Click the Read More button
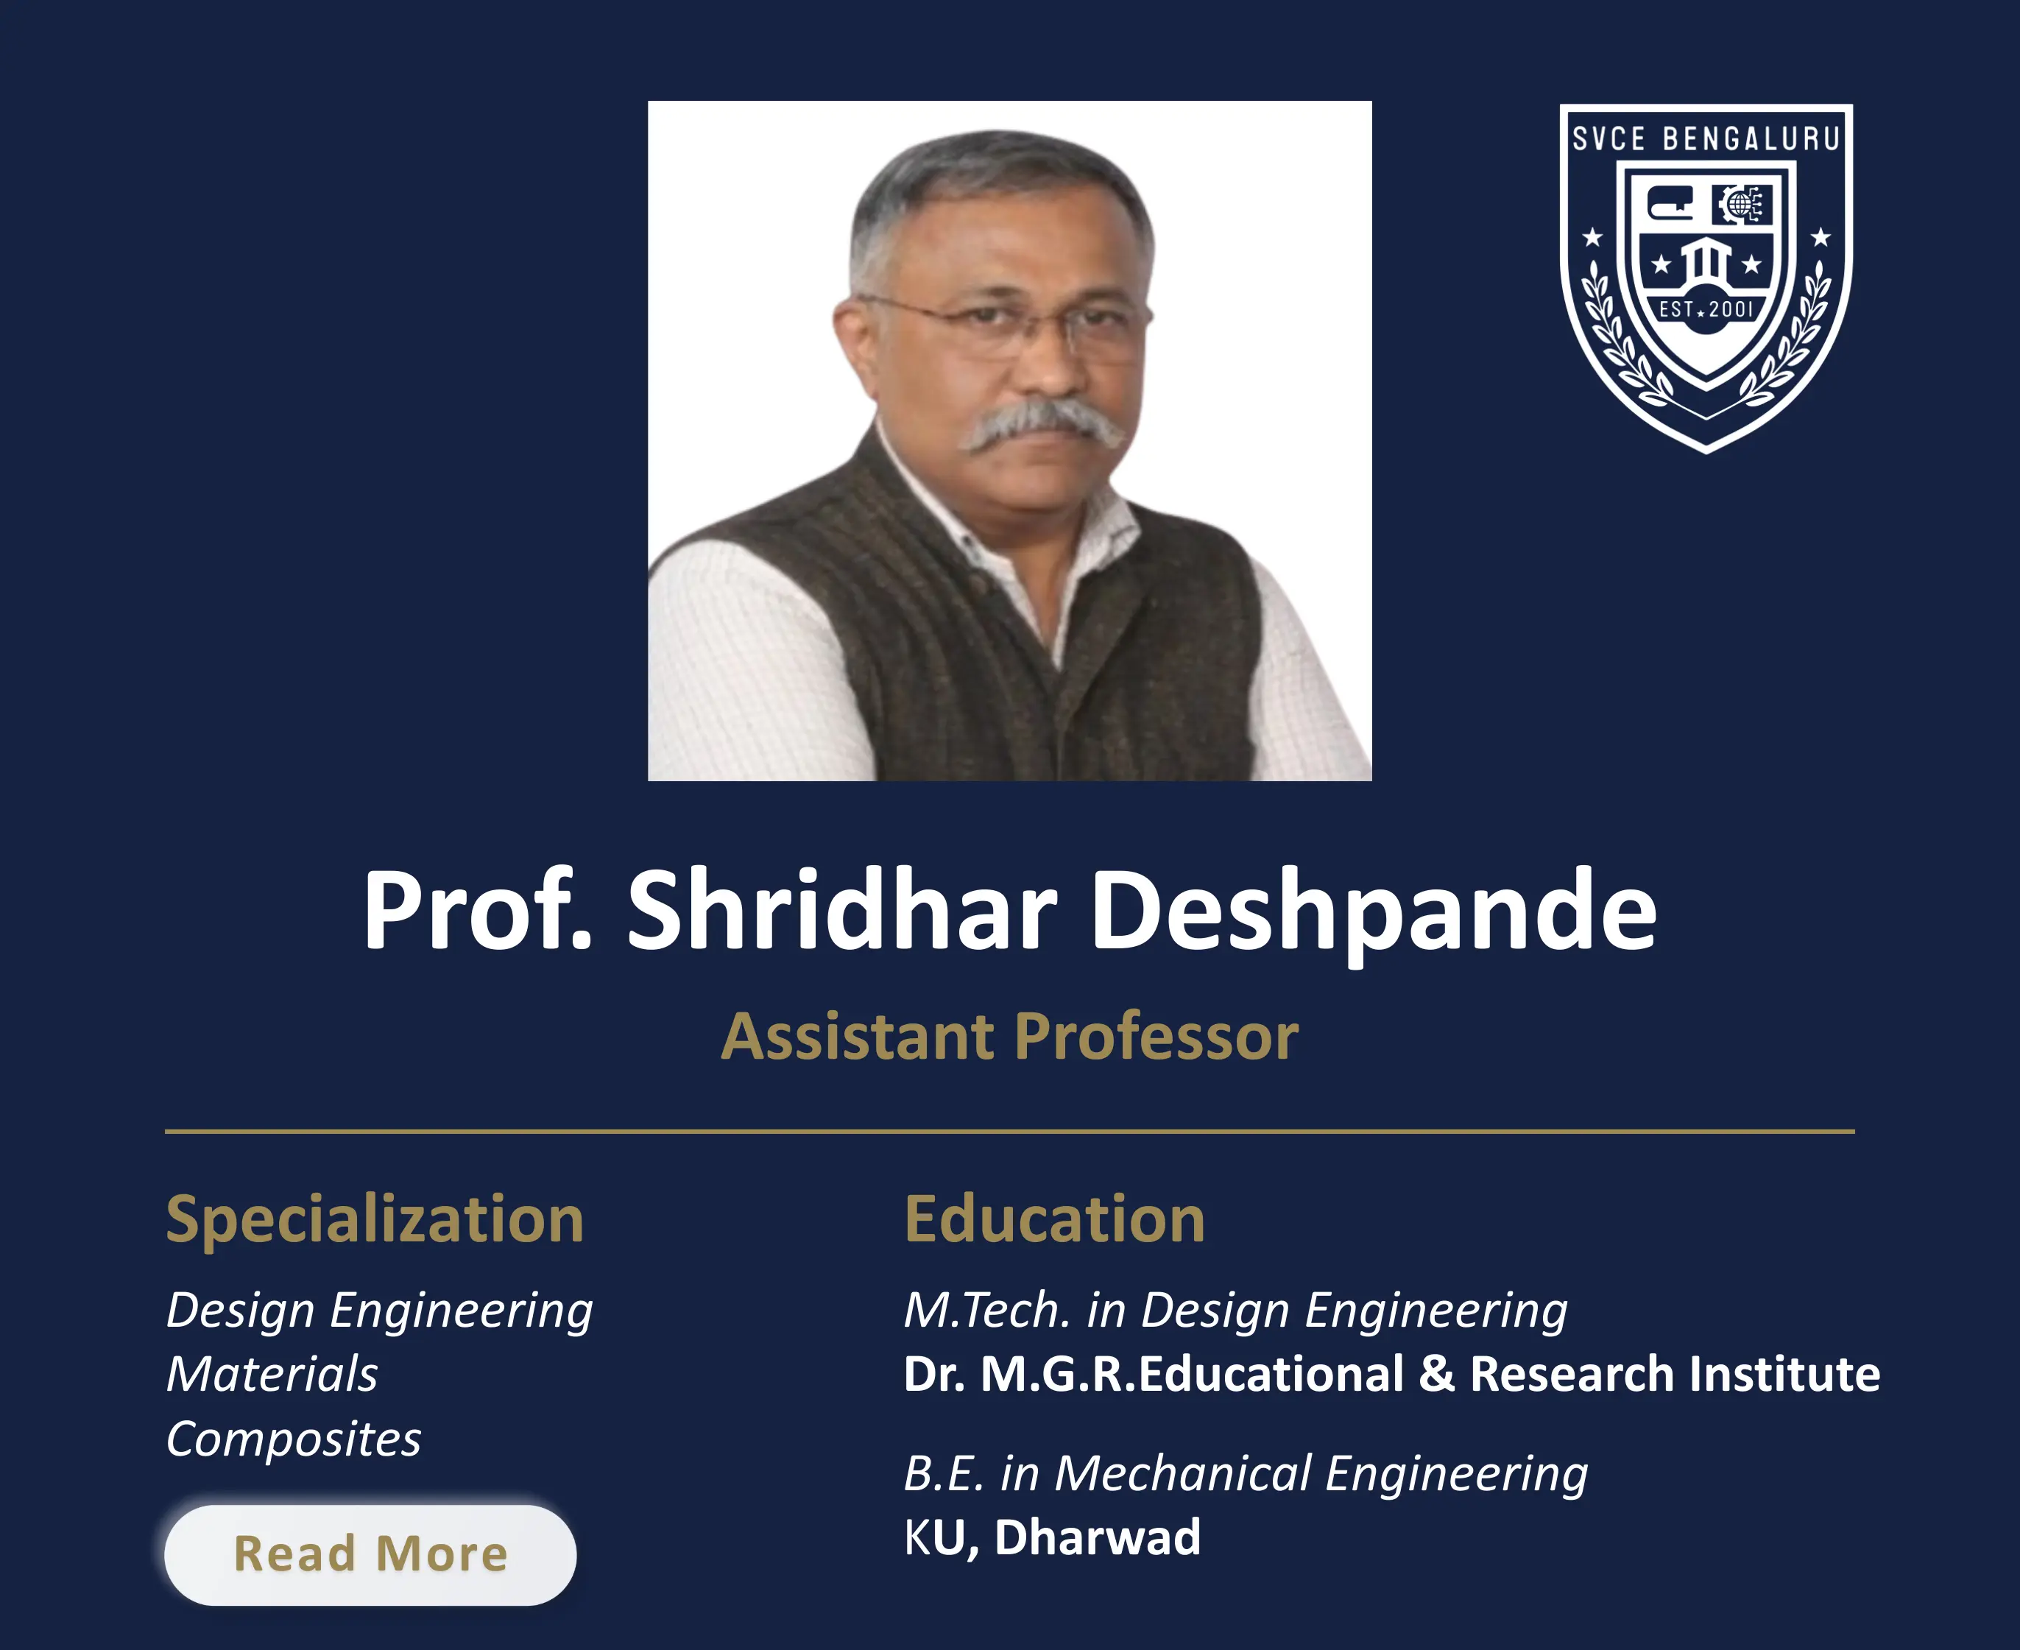[370, 1554]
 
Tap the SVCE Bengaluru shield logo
[1706, 275]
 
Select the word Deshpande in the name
[1373, 912]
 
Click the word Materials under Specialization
[272, 1375]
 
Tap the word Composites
[294, 1439]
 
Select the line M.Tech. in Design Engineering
[1235, 1311]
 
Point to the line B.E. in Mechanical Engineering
[1245, 1473]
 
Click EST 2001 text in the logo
[1706, 309]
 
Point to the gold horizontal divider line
[1009, 1131]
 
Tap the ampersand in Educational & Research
[1437, 1375]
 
